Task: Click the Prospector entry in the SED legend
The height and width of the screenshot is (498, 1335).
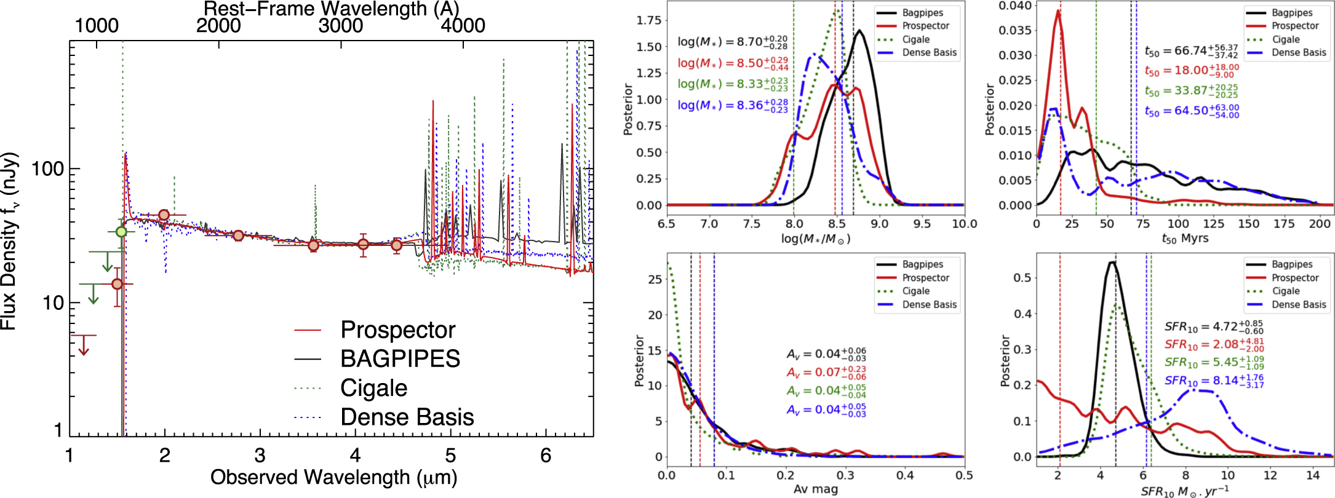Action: (x=397, y=330)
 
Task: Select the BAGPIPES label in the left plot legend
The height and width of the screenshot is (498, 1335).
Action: (x=400, y=359)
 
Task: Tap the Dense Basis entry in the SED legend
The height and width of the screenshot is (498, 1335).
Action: (x=407, y=417)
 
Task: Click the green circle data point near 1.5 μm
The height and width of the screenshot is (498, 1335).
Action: (x=121, y=232)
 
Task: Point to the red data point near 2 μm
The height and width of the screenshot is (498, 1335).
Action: (x=164, y=215)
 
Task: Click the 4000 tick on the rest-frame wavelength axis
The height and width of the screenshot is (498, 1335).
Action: (x=463, y=26)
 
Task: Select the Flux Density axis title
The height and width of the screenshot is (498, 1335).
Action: (x=10, y=241)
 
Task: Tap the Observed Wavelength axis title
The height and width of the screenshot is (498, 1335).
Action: (x=333, y=478)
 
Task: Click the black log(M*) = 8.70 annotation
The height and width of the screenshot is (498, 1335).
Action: (x=732, y=42)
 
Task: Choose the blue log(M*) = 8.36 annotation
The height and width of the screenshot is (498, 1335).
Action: (x=732, y=105)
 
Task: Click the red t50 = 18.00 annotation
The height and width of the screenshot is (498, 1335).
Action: (x=1191, y=71)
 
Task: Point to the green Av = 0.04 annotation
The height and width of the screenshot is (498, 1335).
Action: (x=826, y=391)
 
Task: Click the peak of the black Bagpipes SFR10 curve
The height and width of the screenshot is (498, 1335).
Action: (x=1112, y=263)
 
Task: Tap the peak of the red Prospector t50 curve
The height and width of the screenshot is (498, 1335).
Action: (x=1058, y=10)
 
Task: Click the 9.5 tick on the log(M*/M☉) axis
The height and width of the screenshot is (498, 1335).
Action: (x=922, y=224)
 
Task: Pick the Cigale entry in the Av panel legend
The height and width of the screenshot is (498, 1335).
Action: (x=915, y=291)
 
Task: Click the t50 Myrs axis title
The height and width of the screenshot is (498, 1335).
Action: (x=1185, y=239)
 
